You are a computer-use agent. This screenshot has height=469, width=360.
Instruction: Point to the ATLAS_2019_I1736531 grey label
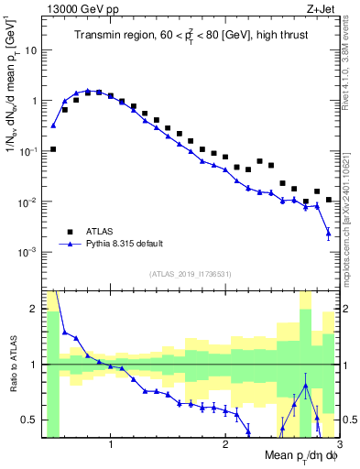pyautogui.click(x=183, y=273)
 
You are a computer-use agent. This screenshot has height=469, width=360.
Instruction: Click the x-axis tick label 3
pyautogui.click(x=337, y=446)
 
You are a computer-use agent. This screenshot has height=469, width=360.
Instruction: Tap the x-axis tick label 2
pyautogui.click(x=224, y=446)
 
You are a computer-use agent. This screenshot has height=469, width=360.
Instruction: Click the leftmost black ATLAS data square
pyautogui.click(x=53, y=148)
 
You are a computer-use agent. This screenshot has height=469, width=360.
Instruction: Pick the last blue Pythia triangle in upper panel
pyautogui.click(x=328, y=234)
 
